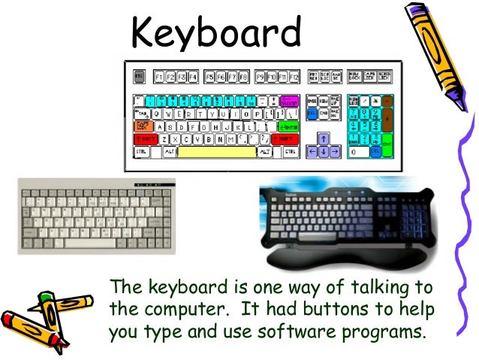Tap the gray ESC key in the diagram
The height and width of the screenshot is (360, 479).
coord(139,77)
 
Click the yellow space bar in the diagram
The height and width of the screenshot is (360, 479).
coord(217,152)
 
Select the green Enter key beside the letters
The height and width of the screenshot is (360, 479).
coord(288,126)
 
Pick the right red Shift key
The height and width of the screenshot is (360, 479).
coord(285,139)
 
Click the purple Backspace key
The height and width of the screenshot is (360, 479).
coord(289,101)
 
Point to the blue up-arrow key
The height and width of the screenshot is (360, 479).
coord(323,139)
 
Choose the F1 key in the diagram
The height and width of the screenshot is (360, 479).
coord(159,77)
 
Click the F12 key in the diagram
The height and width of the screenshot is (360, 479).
coord(294,77)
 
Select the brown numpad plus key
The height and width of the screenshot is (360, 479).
coord(387,119)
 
